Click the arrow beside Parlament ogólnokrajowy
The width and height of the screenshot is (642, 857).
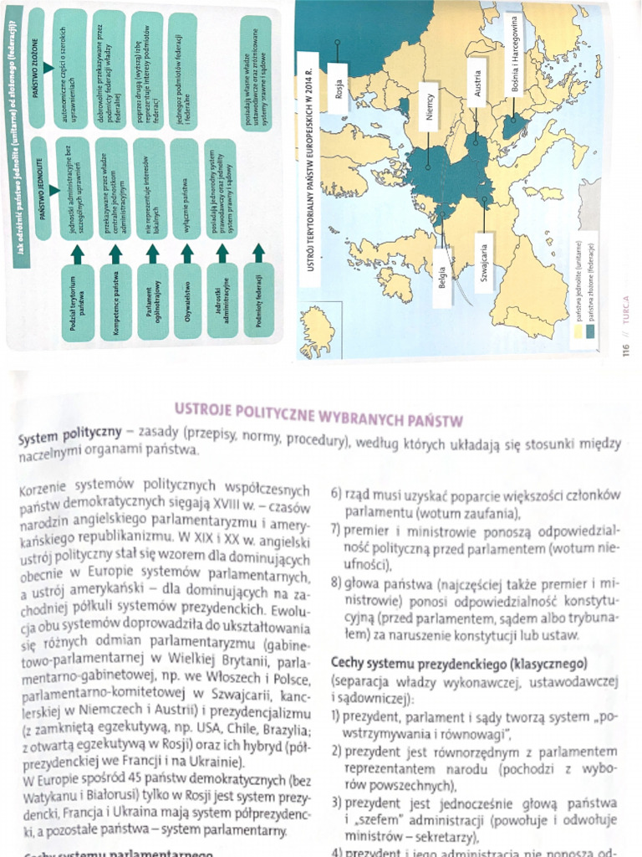152,254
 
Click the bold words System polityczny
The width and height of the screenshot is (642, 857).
69,439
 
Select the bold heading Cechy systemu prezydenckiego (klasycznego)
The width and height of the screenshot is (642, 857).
457,663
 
